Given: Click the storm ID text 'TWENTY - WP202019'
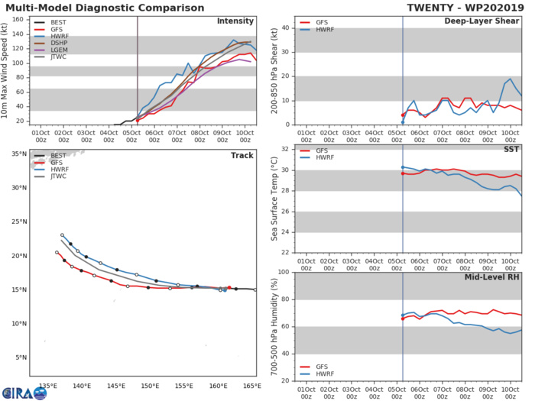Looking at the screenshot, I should pyautogui.click(x=464, y=6).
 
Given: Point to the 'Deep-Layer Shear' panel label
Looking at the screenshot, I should pyautogui.click(x=482, y=21).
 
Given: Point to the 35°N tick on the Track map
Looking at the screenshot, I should pyautogui.click(x=17, y=154).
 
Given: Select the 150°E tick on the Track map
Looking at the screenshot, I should pyautogui.click(x=150, y=386).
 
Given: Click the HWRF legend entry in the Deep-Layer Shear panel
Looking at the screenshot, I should pyautogui.click(x=314, y=33).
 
